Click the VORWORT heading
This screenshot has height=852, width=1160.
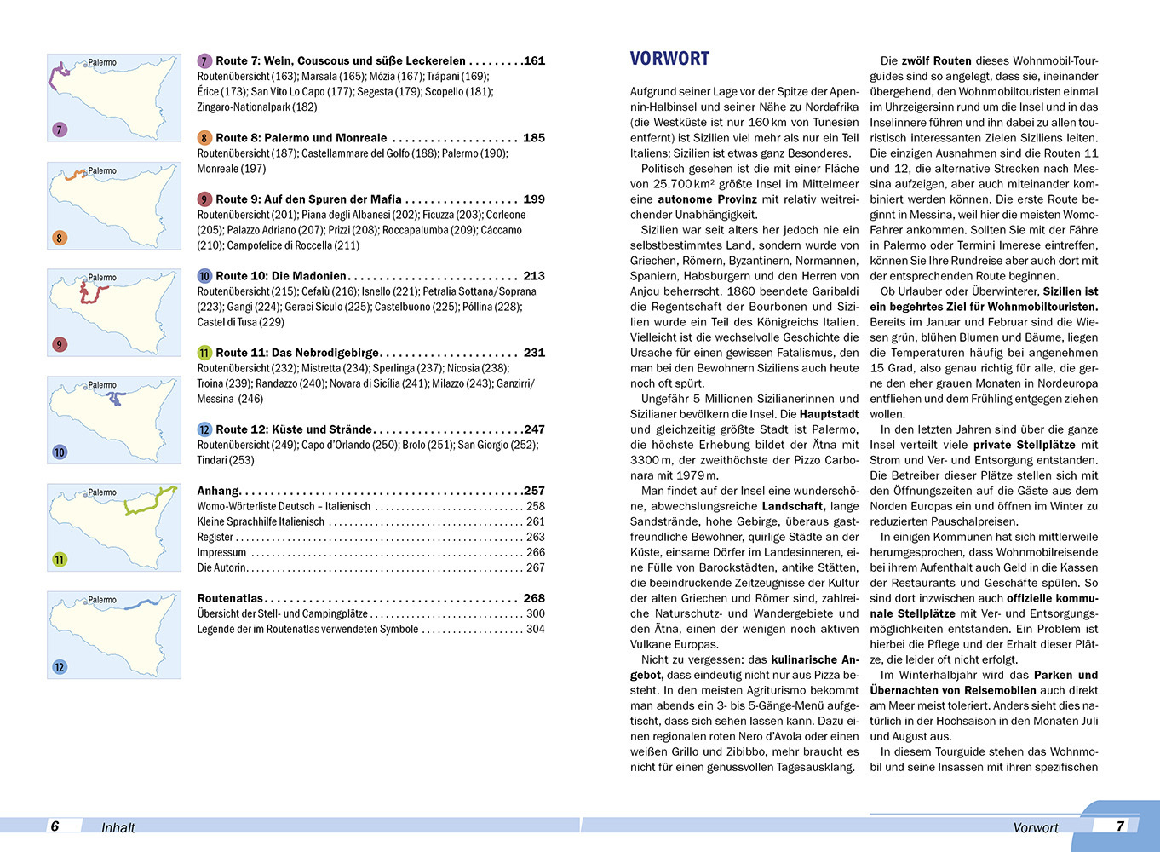(669, 59)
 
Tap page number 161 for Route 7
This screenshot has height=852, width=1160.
(534, 60)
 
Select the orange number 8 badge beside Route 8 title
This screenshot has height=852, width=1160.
(204, 138)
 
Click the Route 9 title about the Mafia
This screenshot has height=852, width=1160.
(308, 199)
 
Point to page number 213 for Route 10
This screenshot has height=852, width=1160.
(534, 276)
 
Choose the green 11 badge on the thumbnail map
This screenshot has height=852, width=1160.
(60, 560)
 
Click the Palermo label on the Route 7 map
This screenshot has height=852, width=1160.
(102, 62)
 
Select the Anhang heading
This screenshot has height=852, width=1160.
(218, 491)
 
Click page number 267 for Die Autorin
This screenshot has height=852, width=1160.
(535, 567)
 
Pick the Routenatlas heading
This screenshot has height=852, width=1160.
(230, 598)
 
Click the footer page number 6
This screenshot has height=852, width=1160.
(55, 826)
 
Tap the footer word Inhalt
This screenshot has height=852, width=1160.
(118, 827)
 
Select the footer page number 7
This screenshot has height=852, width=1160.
(1120, 826)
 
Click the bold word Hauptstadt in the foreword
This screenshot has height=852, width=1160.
(829, 414)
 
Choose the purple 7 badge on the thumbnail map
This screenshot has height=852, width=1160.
(60, 130)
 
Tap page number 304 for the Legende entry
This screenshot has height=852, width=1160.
(535, 629)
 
